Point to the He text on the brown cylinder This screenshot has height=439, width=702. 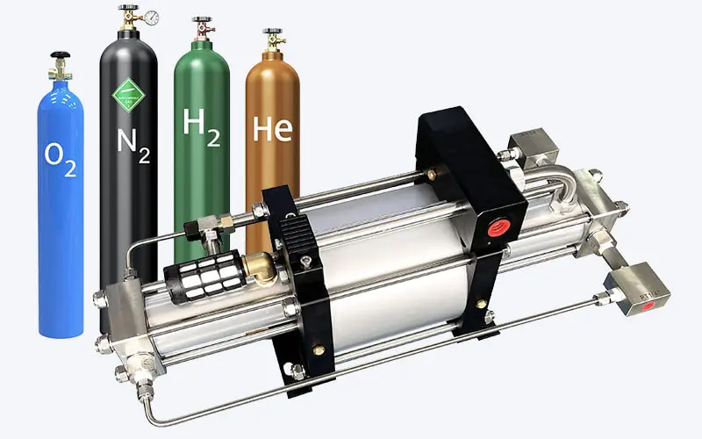coord(272,128)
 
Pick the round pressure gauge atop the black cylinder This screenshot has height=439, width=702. coord(154,17)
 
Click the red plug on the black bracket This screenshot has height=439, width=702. coord(496,223)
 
